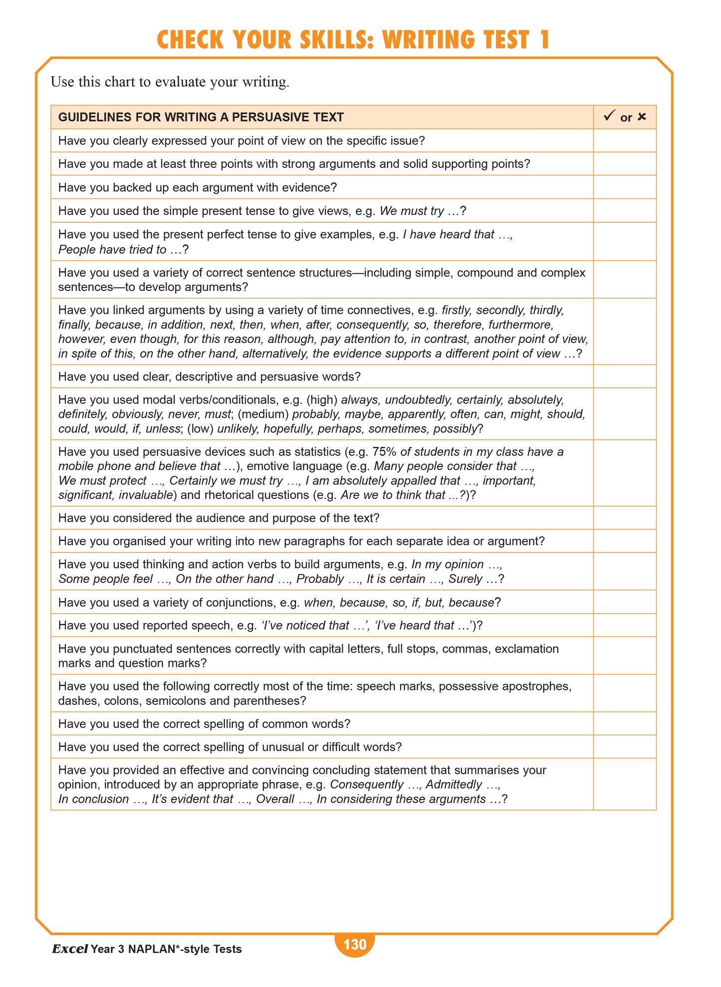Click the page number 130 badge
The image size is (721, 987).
355,945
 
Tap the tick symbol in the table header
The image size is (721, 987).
609,117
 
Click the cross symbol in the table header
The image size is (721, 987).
642,117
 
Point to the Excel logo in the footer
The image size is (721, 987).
70,949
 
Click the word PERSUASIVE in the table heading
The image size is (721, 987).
264,117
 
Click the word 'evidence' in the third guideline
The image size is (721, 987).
307,187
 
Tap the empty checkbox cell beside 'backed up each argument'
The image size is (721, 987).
624,187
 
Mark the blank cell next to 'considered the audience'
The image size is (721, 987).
624,518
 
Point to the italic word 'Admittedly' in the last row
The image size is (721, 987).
454,785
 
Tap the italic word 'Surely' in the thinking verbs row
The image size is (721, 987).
465,579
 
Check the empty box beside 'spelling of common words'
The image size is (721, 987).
624,724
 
